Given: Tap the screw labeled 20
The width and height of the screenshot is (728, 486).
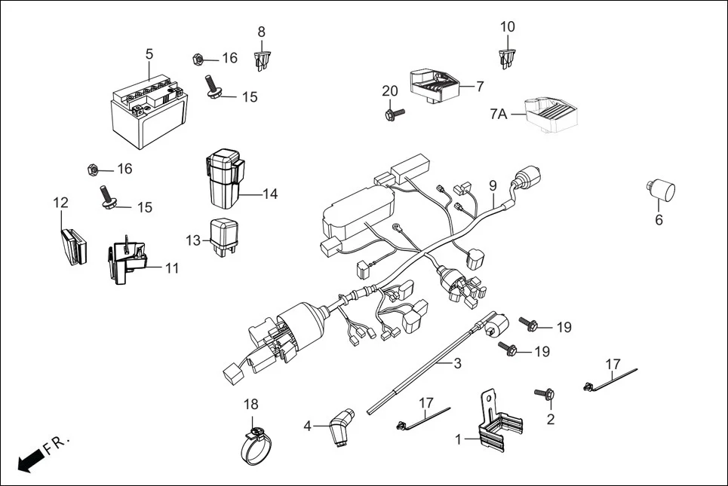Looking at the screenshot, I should pyautogui.click(x=392, y=114).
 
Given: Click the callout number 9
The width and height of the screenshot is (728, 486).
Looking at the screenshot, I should pyautogui.click(x=493, y=185).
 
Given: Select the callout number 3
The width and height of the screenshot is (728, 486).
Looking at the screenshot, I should pyautogui.click(x=457, y=363).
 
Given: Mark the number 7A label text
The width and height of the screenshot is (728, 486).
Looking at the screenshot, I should pyautogui.click(x=498, y=114).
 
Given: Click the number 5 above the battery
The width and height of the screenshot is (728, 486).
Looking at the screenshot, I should pyautogui.click(x=149, y=53).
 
